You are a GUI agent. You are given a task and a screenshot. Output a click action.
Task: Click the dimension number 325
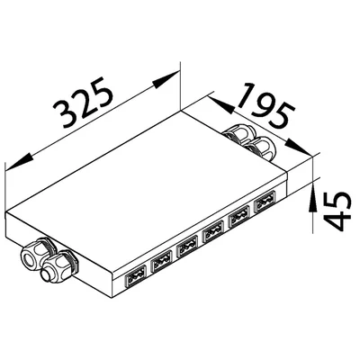[84, 103]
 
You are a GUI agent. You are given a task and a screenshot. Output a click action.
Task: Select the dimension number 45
[337, 211]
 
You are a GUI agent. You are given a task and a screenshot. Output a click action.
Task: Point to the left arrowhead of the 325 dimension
[19, 162]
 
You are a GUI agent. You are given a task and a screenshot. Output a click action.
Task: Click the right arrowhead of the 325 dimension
[166, 79]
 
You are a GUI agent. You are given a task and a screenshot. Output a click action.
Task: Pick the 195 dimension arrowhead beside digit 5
[297, 147]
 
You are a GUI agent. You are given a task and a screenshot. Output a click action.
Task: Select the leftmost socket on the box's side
[135, 275]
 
